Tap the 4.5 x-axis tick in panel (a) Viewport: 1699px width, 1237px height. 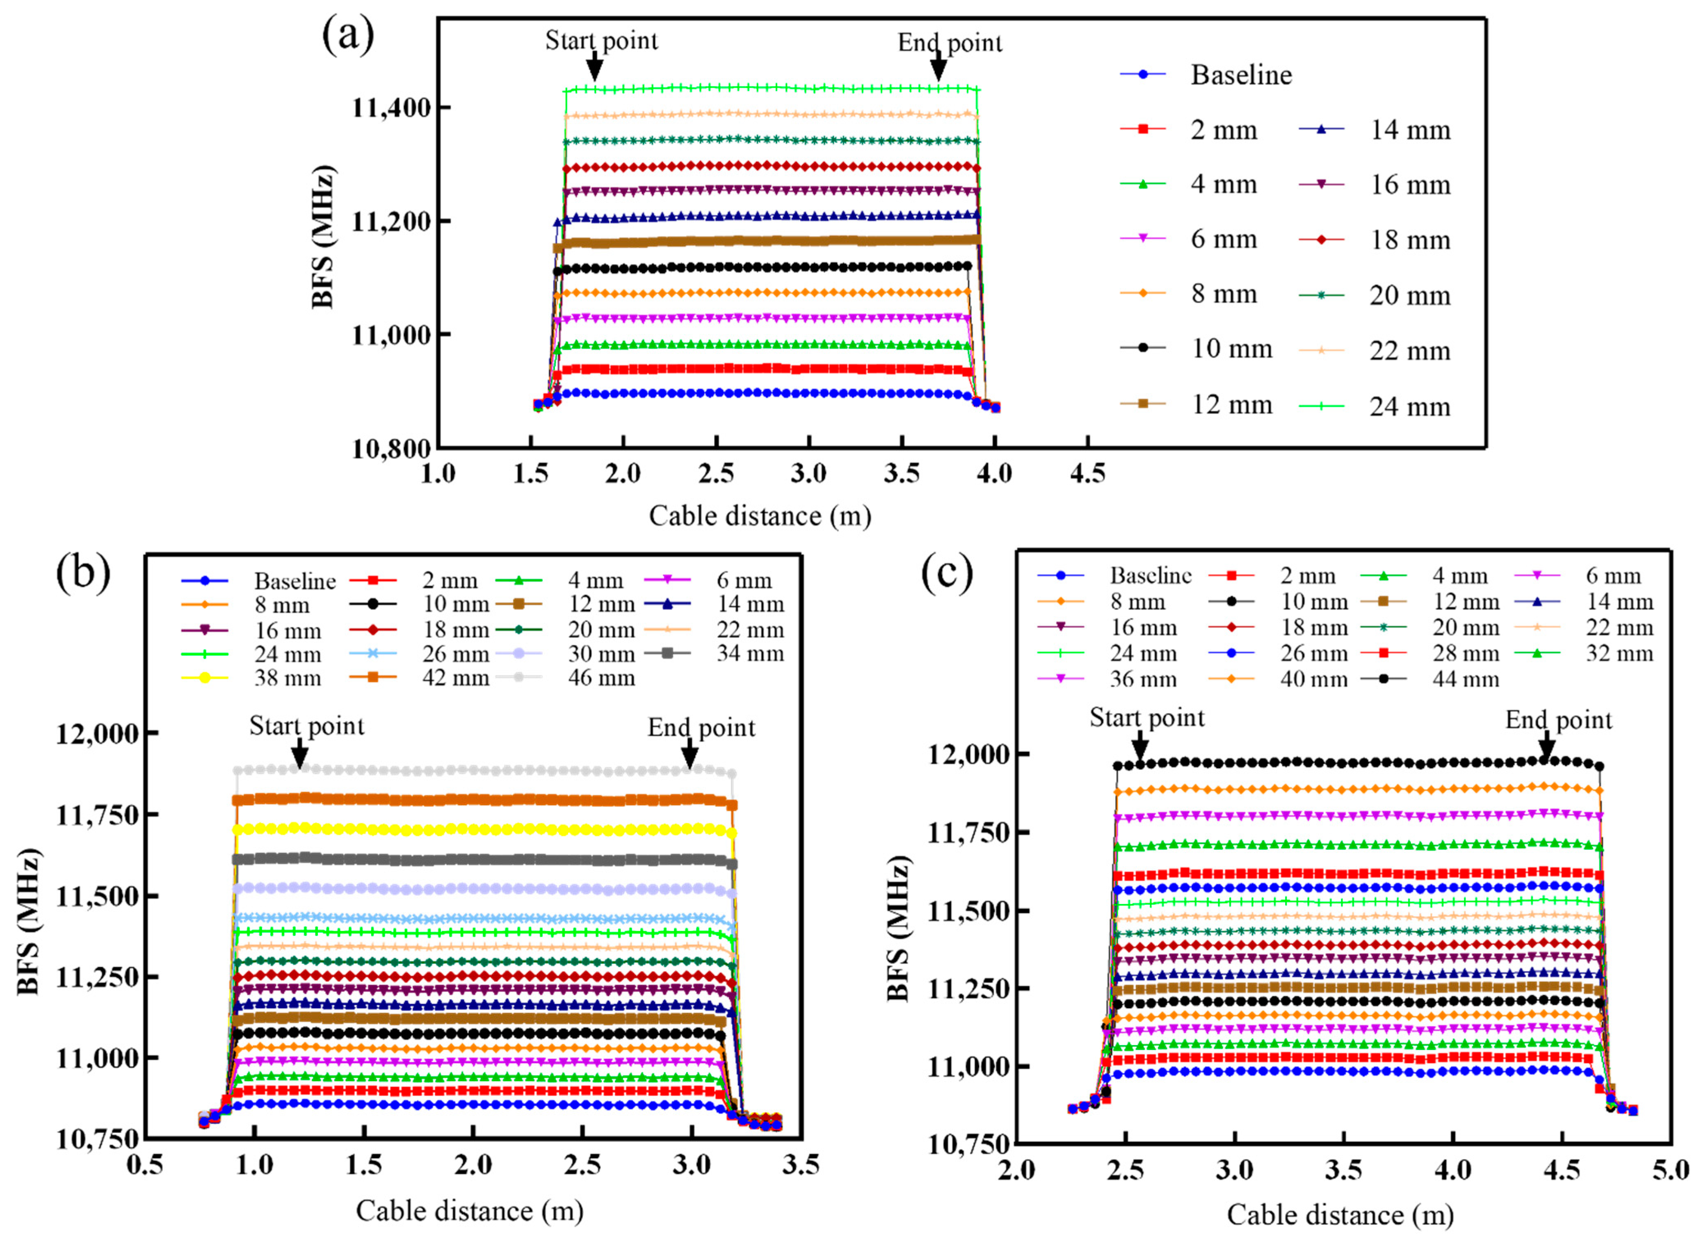pyautogui.click(x=1087, y=474)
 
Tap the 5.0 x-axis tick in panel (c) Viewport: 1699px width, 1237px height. pyautogui.click(x=1671, y=1170)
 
